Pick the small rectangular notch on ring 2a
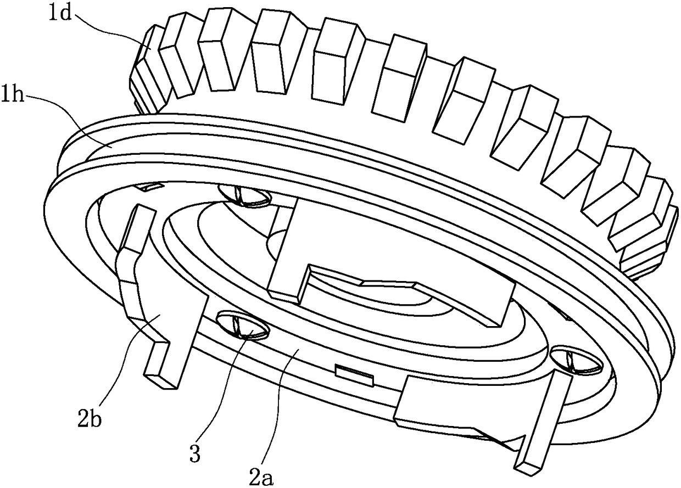[355, 373]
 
